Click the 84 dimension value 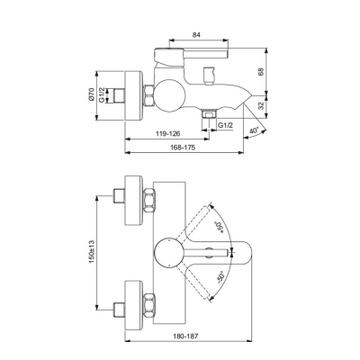point(196,35)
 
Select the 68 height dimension point(260,72)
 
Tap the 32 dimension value point(260,105)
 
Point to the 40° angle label point(254,130)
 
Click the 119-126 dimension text point(168,133)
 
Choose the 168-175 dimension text point(183,148)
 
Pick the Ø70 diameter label point(92,94)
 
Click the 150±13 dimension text point(92,251)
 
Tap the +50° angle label point(218,228)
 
